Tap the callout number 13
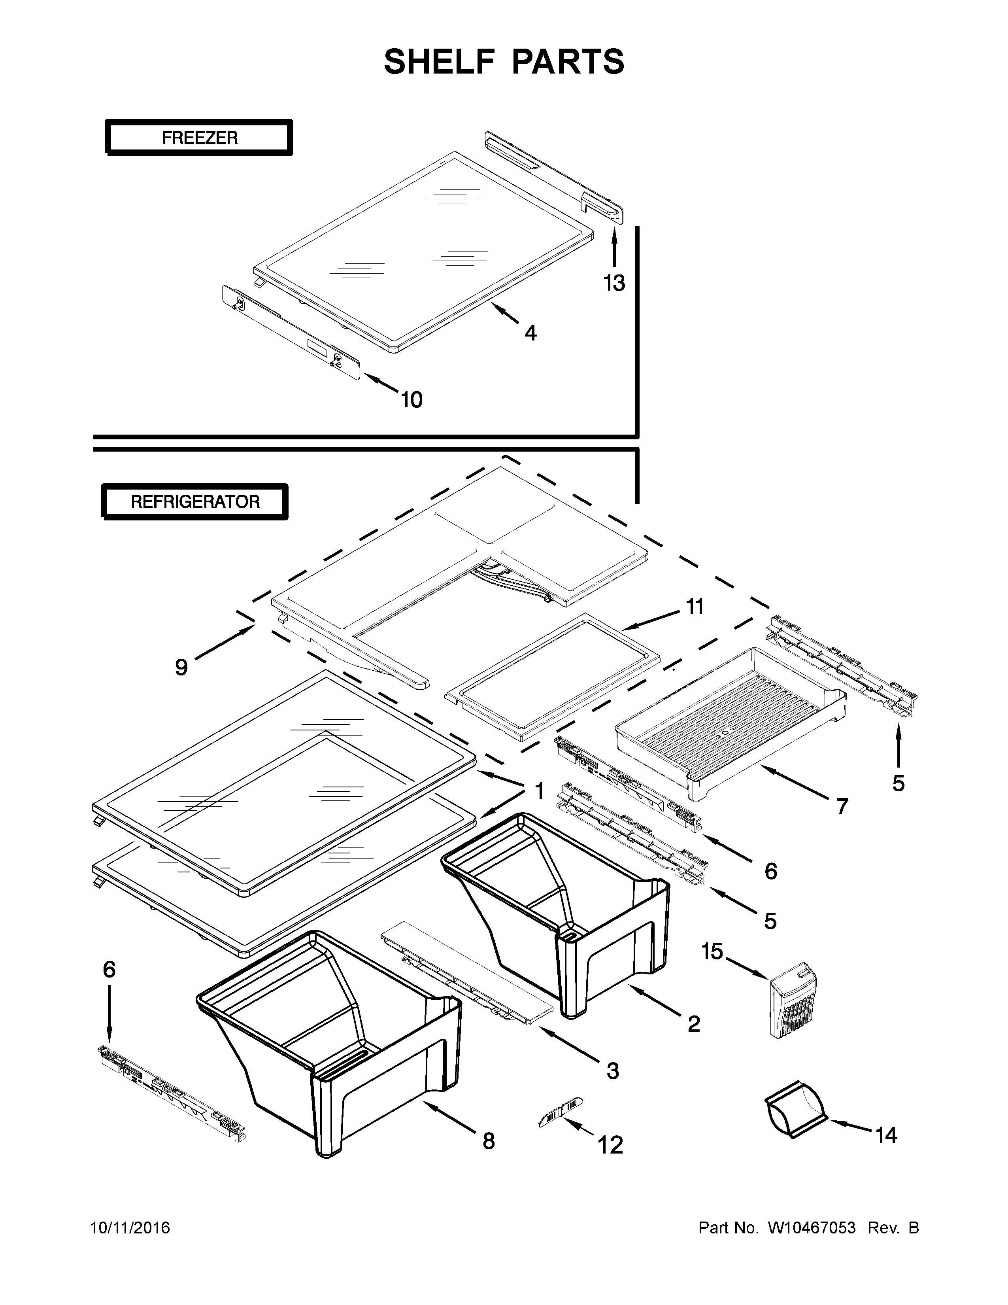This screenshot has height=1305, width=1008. pyautogui.click(x=614, y=283)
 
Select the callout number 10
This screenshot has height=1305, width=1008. pyautogui.click(x=412, y=399)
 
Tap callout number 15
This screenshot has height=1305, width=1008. pyautogui.click(x=712, y=951)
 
